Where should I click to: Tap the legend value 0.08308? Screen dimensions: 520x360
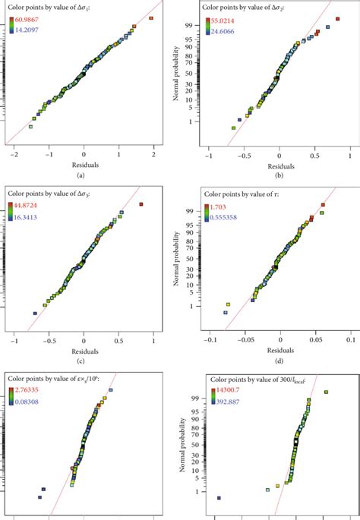27,399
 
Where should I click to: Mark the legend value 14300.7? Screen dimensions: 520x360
220,389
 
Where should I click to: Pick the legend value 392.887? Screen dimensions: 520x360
220,399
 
